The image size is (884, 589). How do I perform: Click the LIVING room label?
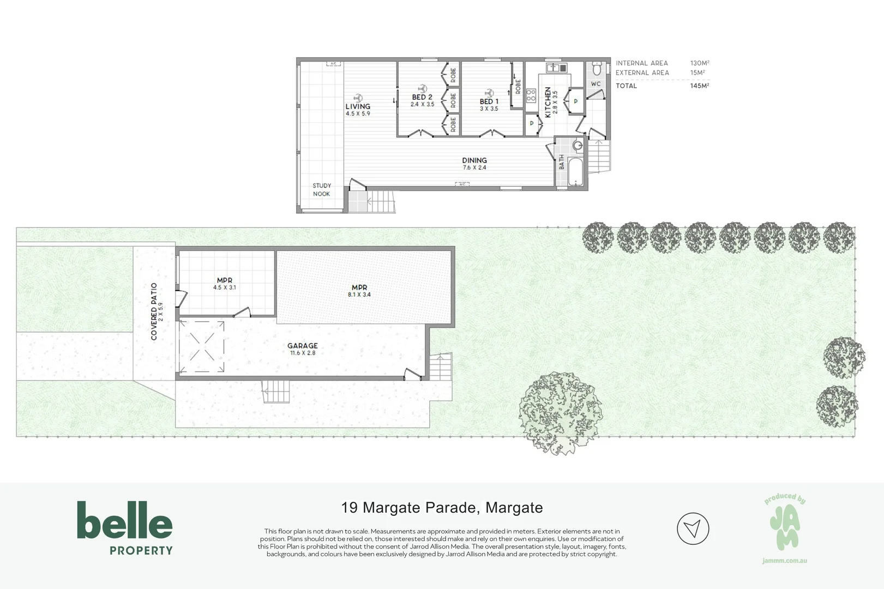coord(358,107)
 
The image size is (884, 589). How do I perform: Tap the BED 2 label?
coord(422,97)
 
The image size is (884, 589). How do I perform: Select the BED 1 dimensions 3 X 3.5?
coord(489,109)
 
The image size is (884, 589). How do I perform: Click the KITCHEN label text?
coord(548,103)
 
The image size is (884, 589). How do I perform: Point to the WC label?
coord(596,84)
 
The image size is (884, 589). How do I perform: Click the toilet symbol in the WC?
coord(596,70)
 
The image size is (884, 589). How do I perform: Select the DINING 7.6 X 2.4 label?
coord(474,164)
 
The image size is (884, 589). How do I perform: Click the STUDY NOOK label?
coord(322,190)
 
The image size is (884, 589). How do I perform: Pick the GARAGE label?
coord(303,346)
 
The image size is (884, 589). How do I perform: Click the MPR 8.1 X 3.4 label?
coord(359,291)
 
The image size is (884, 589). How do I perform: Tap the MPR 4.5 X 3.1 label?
coord(225,283)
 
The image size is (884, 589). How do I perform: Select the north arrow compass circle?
coord(693,528)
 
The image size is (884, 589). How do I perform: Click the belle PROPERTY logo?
coord(125,528)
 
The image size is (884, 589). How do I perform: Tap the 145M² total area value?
coord(700,86)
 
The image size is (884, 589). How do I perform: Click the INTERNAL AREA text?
coord(642,63)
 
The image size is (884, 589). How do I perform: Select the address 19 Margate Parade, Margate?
coord(442,508)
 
